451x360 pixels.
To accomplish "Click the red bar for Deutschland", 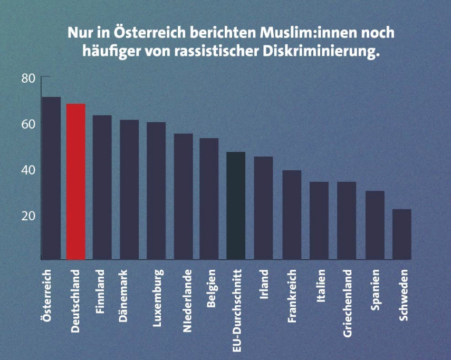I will [x=76, y=181].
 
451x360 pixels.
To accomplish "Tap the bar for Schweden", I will [x=401, y=234].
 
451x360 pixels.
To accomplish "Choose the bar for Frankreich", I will [x=292, y=215].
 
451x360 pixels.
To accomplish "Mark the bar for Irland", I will [x=263, y=208].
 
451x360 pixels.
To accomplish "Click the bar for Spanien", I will [x=375, y=225].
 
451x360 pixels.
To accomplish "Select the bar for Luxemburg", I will [x=156, y=191].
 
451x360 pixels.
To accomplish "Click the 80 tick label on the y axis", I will [x=28, y=79].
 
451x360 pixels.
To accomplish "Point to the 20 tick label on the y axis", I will [x=28, y=216].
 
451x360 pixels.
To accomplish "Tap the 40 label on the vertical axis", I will [x=28, y=170].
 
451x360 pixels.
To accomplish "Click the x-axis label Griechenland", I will [x=347, y=303].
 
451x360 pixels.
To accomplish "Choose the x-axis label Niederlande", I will [x=186, y=301].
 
